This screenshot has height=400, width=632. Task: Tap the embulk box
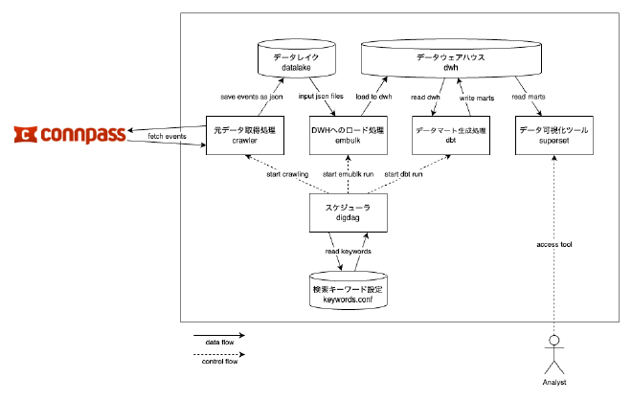[348, 135]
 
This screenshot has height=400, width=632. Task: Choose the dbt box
[450, 135]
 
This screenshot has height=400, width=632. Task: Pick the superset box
[553, 135]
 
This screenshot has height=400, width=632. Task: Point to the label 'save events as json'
[252, 96]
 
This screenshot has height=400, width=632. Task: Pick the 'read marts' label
[530, 96]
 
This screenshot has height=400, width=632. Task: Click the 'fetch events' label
[168, 137]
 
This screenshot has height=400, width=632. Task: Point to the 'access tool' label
[553, 245]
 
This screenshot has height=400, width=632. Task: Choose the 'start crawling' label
[287, 173]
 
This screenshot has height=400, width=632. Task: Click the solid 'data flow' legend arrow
[219, 336]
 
